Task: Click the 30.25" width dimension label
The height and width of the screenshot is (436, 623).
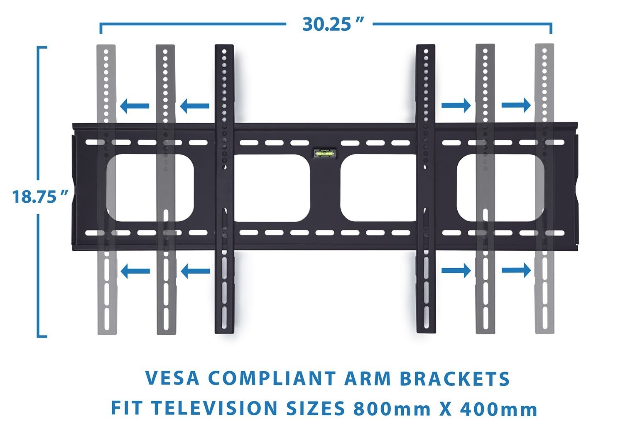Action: (333, 24)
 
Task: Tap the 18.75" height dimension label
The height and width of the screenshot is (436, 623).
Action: (40, 196)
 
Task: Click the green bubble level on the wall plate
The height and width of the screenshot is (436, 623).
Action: (325, 153)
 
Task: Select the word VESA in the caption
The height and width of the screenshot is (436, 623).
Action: (172, 378)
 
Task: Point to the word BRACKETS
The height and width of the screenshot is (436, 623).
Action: (455, 378)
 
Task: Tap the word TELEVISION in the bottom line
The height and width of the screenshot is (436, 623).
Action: (214, 408)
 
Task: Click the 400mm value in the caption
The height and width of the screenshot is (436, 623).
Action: (499, 408)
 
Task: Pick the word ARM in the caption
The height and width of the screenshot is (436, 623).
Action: (368, 378)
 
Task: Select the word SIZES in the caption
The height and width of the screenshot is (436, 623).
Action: (315, 408)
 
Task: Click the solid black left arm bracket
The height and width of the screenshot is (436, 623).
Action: (224, 189)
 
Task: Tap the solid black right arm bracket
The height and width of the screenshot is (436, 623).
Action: (426, 189)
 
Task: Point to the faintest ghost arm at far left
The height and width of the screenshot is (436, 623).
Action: (107, 189)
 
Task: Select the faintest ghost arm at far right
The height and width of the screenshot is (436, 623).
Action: (545, 189)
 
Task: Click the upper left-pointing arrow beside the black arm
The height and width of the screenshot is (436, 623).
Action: (195, 106)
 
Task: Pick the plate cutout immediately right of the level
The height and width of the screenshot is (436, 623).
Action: (379, 188)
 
